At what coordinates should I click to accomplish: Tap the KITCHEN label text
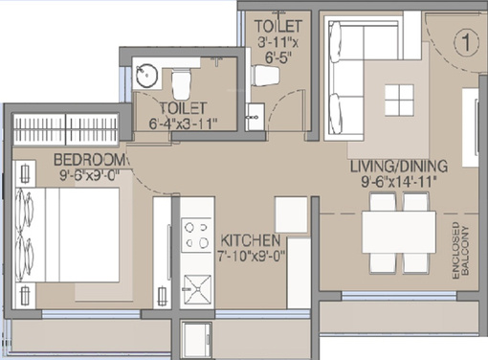[250, 240]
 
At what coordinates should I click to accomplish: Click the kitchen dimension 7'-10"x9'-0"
[250, 256]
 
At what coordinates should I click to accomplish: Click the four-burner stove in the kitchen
[196, 234]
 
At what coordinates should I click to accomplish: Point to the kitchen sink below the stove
[197, 283]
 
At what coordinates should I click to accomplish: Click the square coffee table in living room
[398, 99]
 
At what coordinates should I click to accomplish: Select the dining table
[400, 230]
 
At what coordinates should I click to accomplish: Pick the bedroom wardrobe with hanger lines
[66, 128]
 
